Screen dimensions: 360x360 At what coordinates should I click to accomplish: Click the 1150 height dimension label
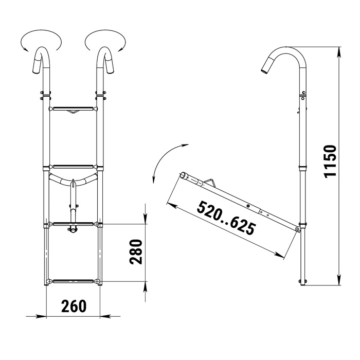pos(330,161)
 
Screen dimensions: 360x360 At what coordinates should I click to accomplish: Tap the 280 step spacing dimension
pos(136,252)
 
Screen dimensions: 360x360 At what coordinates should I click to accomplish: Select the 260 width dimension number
pos(74,306)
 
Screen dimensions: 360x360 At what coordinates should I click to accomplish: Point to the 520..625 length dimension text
pos(226,218)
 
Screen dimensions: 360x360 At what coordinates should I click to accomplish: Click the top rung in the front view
pos(73,109)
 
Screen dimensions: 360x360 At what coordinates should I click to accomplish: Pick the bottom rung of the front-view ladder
pos(73,281)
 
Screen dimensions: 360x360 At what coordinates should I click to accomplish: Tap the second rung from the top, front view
pos(73,167)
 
